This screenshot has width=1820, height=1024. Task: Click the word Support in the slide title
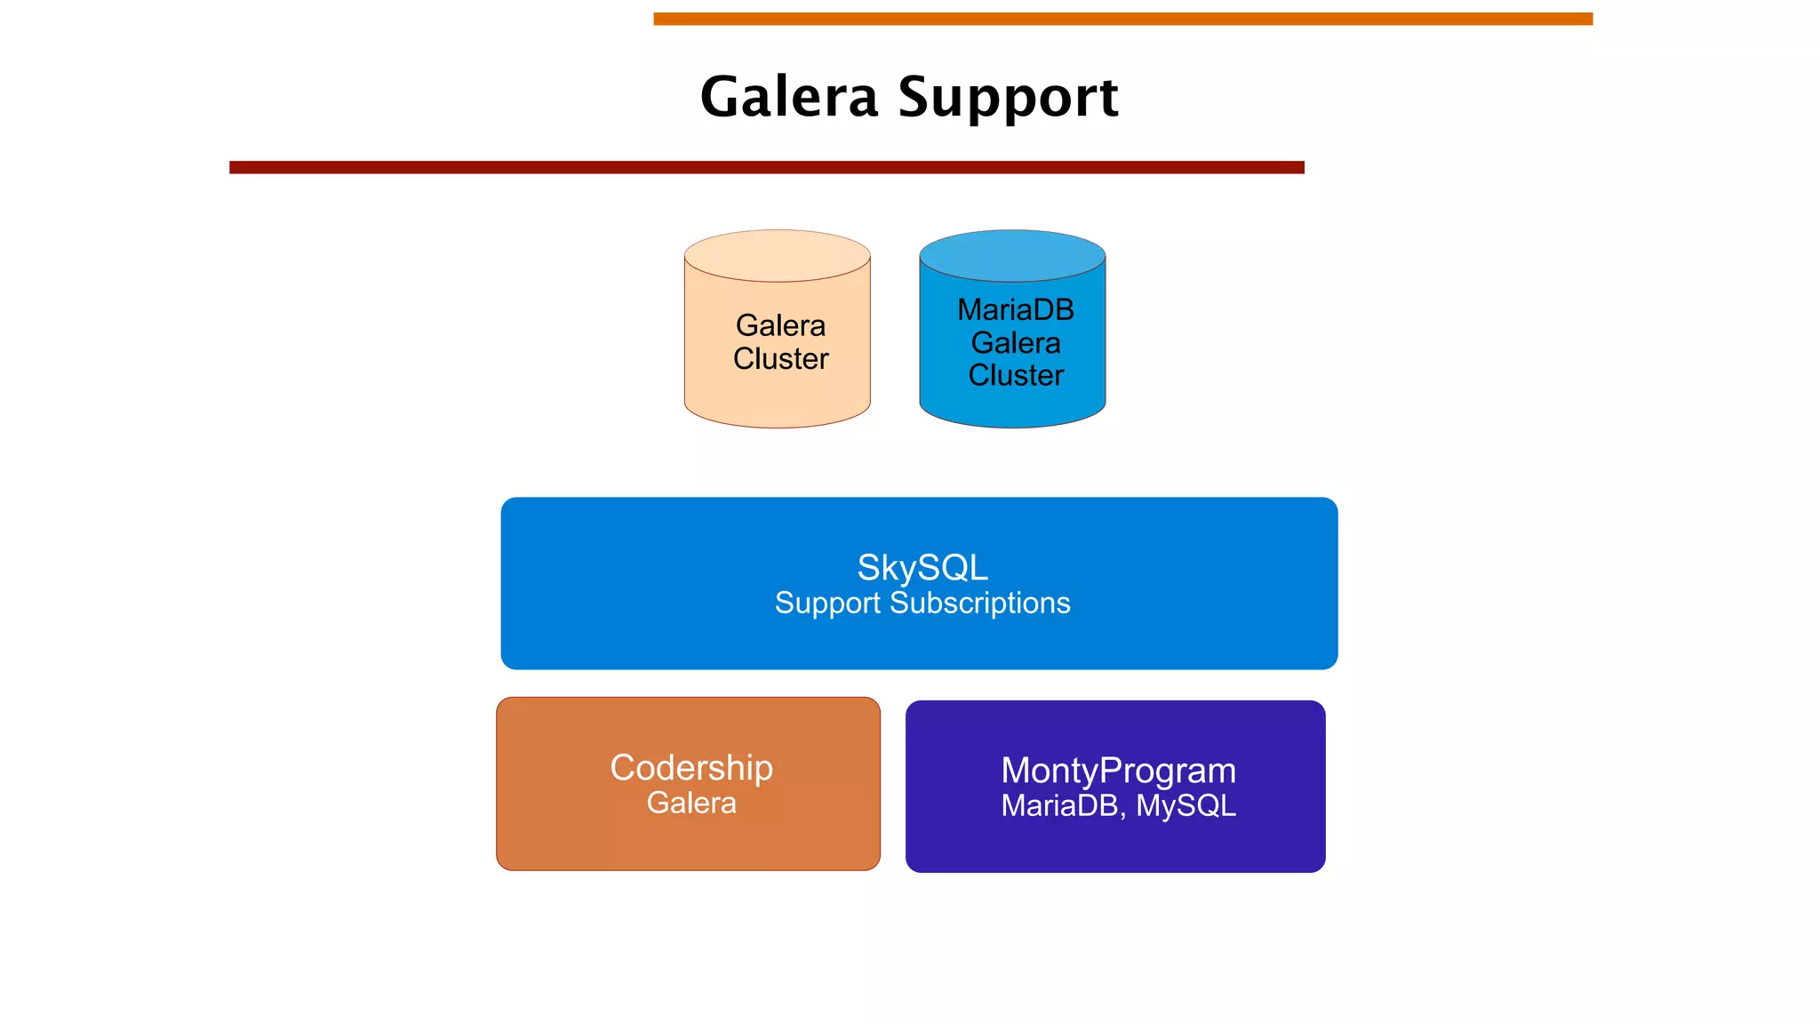pyautogui.click(x=1008, y=98)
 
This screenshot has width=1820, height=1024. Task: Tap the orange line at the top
pyautogui.click(x=1122, y=19)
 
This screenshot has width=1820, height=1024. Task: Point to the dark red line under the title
pyautogui.click(x=766, y=167)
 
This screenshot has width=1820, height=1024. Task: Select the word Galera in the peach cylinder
pyautogui.click(x=780, y=325)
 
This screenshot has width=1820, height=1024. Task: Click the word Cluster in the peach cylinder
pyautogui.click(x=780, y=358)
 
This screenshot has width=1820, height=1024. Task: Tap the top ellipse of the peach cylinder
pyautogui.click(x=777, y=256)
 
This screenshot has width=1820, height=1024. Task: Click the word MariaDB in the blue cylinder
pyautogui.click(x=1015, y=309)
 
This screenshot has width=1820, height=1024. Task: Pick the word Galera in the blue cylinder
pyautogui.click(x=1015, y=342)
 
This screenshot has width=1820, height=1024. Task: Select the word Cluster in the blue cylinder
pyautogui.click(x=1015, y=375)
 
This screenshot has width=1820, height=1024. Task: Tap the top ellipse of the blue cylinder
pyautogui.click(x=1012, y=256)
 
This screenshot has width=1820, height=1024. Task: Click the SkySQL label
pyautogui.click(x=922, y=567)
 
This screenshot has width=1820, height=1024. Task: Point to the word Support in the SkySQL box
pyautogui.click(x=826, y=604)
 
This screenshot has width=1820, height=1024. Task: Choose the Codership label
pyautogui.click(x=691, y=767)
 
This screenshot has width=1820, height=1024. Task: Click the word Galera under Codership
pyautogui.click(x=691, y=803)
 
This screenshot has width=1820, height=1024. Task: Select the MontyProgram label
pyautogui.click(x=1118, y=770)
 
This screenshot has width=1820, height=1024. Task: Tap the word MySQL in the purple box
pyautogui.click(x=1185, y=805)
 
